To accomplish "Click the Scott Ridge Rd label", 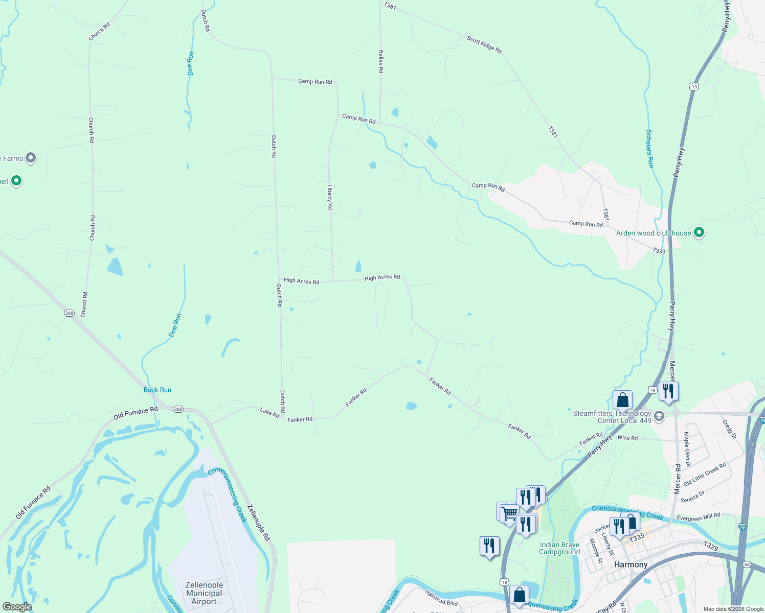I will (484, 44).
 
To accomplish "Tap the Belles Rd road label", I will (380, 61).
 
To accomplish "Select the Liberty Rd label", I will (330, 197).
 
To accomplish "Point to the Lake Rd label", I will (269, 413).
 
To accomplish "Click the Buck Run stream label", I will (157, 390).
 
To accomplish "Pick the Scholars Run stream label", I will (649, 149).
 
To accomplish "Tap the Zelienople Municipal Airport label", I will (204, 593).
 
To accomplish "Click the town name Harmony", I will (631, 564).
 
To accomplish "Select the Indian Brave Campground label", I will (559, 548).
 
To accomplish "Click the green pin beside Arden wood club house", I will (699, 232).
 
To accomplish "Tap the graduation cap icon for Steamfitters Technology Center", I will (659, 415).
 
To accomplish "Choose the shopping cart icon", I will (509, 513).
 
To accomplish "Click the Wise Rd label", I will (627, 438).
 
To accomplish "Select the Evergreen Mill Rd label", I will (698, 517).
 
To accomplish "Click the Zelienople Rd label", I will (258, 523).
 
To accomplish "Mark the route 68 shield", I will (748, 564).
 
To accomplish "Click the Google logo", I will (17, 606).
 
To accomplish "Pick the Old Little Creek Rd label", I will (705, 475).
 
